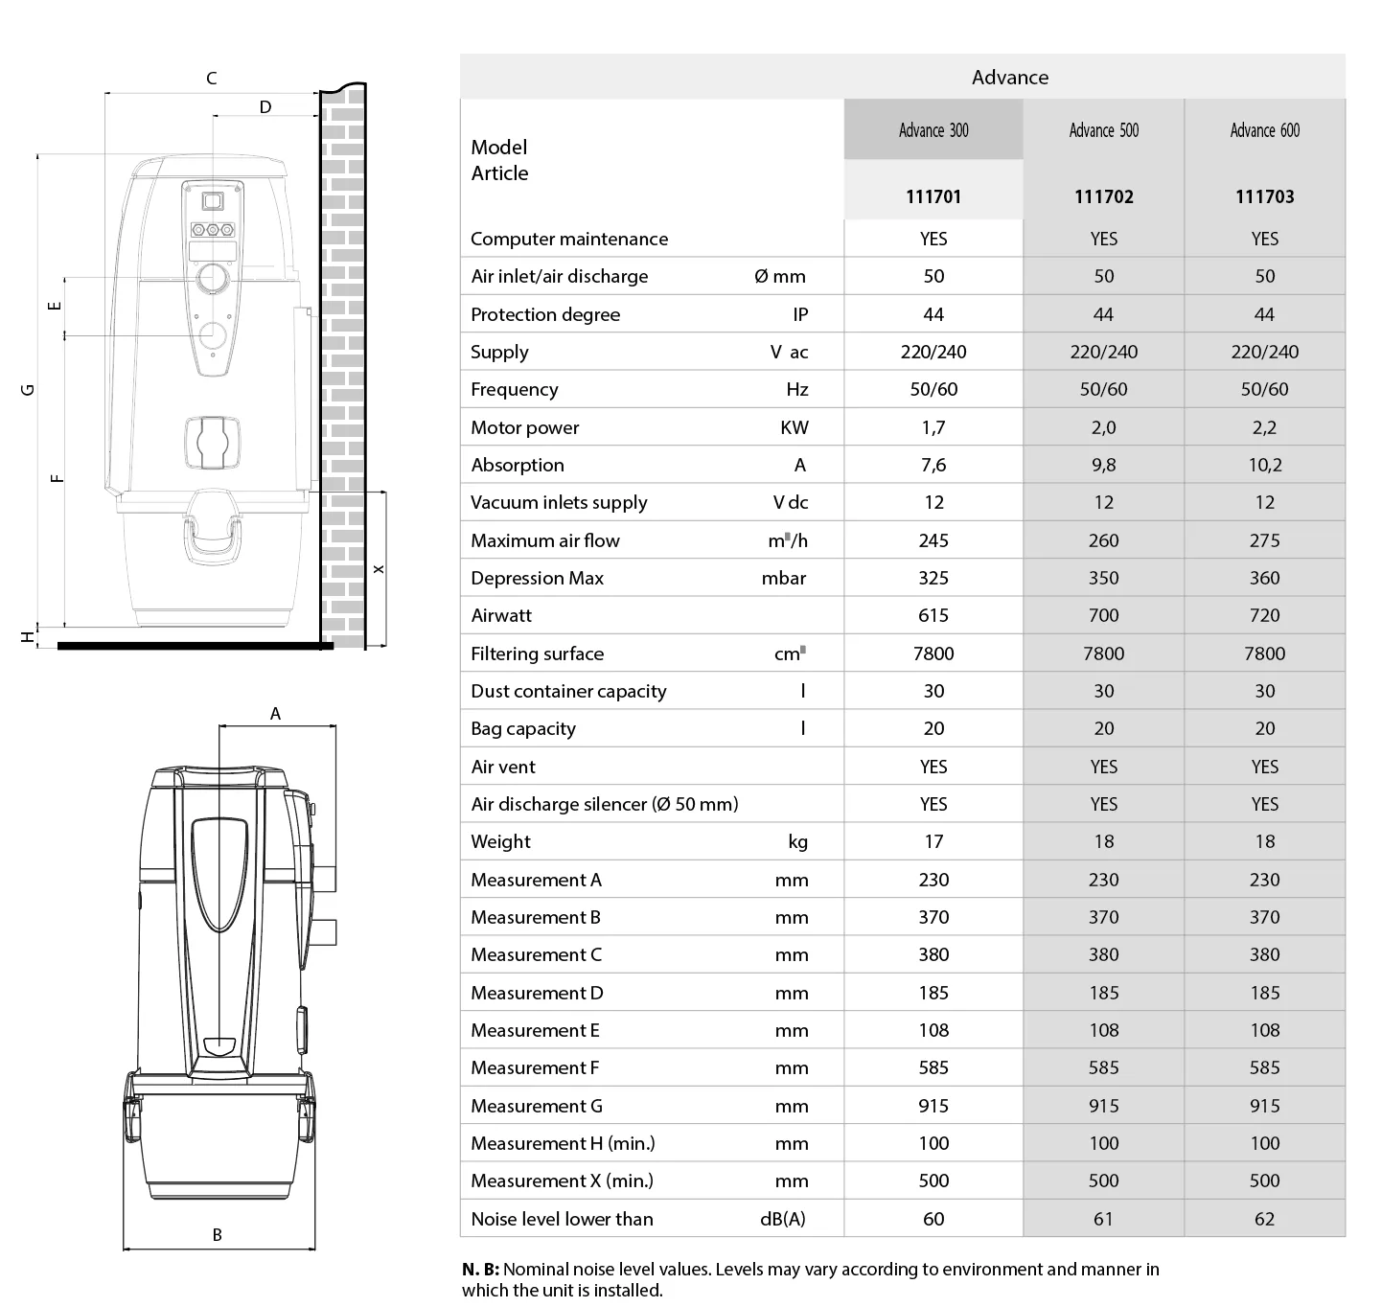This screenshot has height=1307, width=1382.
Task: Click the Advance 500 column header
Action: (x=1103, y=130)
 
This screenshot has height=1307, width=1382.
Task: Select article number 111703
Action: (x=1264, y=196)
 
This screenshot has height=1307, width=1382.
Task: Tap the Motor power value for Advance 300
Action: (x=933, y=427)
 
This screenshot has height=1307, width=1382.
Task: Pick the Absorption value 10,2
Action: (x=1264, y=465)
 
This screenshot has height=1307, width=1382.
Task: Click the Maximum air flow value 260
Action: (x=1103, y=540)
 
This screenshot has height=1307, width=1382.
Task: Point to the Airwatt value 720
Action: (x=1264, y=615)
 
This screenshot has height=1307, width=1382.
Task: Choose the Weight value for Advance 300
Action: (x=933, y=841)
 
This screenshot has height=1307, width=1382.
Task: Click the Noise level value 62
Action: (x=1264, y=1219)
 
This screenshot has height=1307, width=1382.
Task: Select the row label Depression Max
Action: (x=537, y=578)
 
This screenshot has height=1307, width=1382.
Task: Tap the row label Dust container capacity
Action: (x=568, y=691)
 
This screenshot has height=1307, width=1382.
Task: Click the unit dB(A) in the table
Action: (x=782, y=1219)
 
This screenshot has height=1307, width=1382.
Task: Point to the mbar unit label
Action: (x=783, y=578)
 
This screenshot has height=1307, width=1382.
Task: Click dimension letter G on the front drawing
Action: (x=28, y=389)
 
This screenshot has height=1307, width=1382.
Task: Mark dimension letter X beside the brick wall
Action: (x=379, y=569)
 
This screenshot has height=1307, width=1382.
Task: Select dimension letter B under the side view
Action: (x=218, y=1235)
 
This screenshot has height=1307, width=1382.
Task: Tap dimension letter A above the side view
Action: (x=276, y=714)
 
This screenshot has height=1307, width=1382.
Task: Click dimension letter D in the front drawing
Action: (x=265, y=107)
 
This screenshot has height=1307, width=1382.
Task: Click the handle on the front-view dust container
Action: (x=213, y=537)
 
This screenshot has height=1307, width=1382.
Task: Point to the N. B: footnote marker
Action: (x=480, y=1270)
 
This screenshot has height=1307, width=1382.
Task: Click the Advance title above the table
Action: (x=1009, y=78)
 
